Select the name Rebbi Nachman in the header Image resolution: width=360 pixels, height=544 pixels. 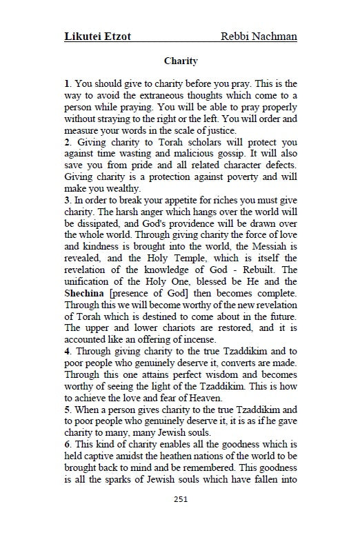pos(259,36)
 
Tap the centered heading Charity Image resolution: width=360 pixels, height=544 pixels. pos(181,61)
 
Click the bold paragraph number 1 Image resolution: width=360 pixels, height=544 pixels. pos(66,83)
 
